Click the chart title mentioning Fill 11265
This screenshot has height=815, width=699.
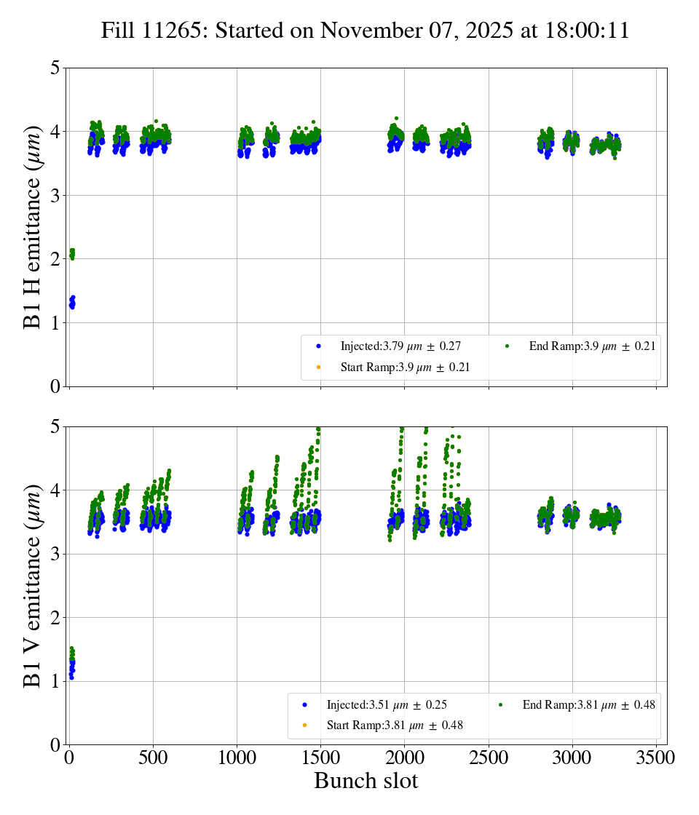pyautogui.click(x=365, y=31)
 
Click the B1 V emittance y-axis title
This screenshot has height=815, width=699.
pyautogui.click(x=33, y=586)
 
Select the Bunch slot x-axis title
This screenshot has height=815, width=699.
pyautogui.click(x=366, y=781)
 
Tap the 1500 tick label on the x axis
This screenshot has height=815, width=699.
pyautogui.click(x=321, y=758)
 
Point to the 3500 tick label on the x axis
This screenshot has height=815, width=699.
pyautogui.click(x=656, y=758)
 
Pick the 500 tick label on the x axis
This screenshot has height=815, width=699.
pyautogui.click(x=153, y=758)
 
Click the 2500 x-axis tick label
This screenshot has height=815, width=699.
pyautogui.click(x=489, y=758)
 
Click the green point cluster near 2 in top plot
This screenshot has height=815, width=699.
pyautogui.click(x=72, y=253)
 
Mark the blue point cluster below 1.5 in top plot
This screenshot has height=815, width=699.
pyautogui.click(x=72, y=302)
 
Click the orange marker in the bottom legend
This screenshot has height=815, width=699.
pyautogui.click(x=305, y=725)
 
